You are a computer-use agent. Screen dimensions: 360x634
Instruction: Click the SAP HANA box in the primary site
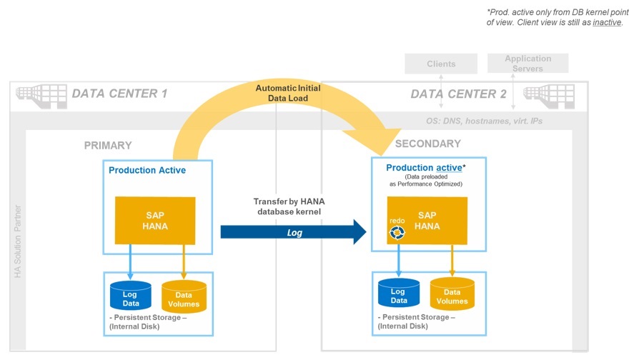click(155, 221)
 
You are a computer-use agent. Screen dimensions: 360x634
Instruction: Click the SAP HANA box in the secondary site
click(427, 221)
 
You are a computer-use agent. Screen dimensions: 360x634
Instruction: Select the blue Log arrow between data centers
click(293, 233)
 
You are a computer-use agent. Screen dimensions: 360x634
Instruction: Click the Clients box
click(441, 64)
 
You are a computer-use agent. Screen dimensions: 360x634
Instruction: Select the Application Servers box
click(527, 64)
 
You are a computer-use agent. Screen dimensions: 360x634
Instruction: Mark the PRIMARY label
click(108, 146)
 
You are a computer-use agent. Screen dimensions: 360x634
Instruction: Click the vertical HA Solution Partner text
click(18, 242)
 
